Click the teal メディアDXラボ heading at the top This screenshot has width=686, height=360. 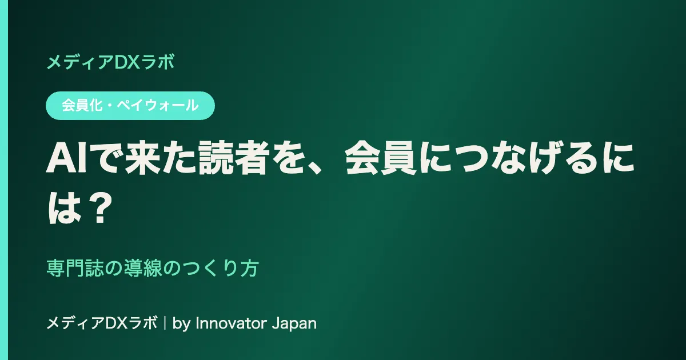pos(110,62)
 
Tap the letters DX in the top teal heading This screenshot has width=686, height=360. pos(126,62)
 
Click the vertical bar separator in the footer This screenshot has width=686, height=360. pos(165,323)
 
